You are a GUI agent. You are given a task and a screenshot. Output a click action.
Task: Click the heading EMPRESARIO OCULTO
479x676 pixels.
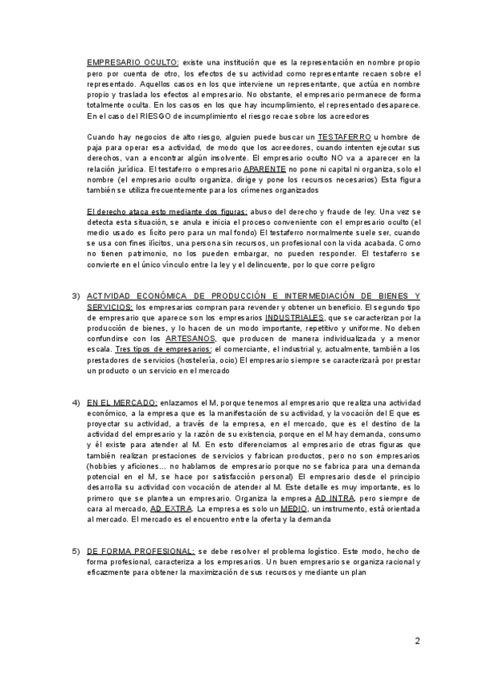coord(133,61)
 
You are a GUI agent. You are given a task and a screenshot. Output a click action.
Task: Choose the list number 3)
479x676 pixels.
coord(76,296)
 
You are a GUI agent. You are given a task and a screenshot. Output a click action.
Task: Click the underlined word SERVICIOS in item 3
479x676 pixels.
coord(110,306)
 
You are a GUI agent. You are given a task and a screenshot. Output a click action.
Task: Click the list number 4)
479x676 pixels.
coord(76,402)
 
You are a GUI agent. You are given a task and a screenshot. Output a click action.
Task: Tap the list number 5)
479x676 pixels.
coord(76,551)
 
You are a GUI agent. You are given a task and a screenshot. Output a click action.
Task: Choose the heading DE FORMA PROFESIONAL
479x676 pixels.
coord(141,551)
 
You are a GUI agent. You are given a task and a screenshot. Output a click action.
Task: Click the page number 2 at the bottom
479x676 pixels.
coord(418,640)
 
